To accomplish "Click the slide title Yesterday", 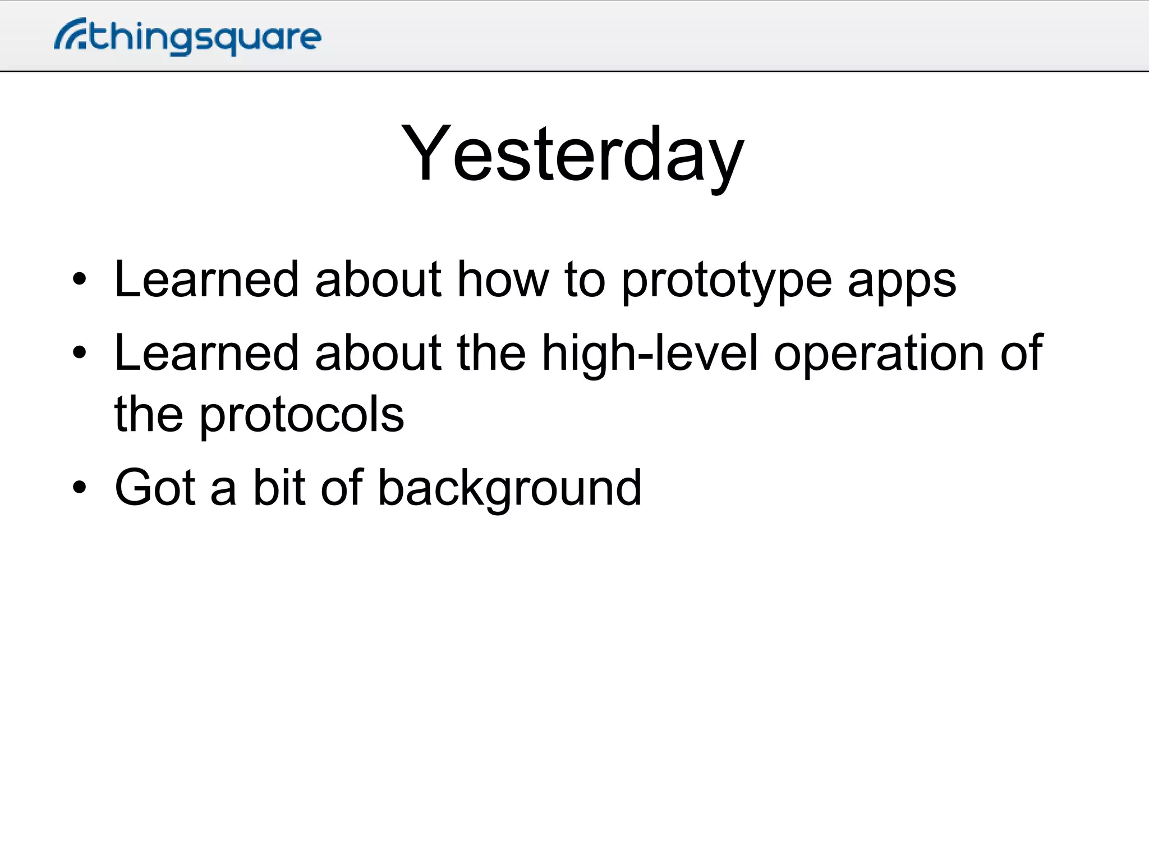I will click(573, 154).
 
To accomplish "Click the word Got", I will click(155, 487).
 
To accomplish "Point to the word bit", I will click(279, 487).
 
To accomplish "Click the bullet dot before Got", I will click(80, 487).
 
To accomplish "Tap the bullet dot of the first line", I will click(80, 279).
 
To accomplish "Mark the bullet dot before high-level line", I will click(80, 352).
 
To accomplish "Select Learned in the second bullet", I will click(206, 353).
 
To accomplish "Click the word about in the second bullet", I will click(378, 353).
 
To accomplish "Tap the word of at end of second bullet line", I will click(1021, 353).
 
